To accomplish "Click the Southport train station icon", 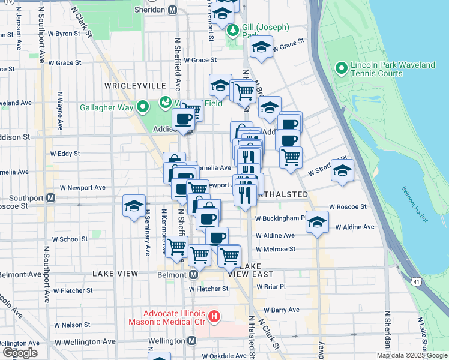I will tap(51, 197).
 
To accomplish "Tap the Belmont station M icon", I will tap(194, 274).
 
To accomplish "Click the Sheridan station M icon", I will tap(173, 10).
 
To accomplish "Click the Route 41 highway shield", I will tap(416, 281).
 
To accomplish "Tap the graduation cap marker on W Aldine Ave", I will tap(317, 222).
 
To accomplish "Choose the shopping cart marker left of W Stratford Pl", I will tap(291, 158).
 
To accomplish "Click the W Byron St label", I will tap(64, 34).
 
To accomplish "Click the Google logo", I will tap(20, 353).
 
